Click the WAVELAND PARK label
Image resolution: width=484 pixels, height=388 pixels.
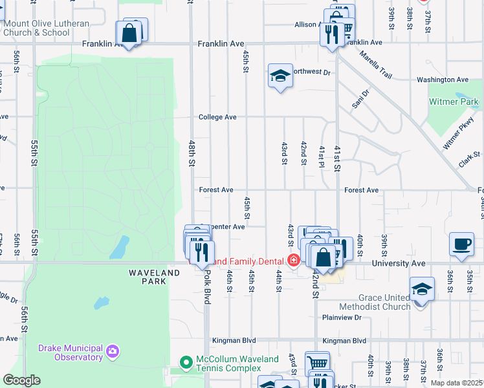(x=154, y=273)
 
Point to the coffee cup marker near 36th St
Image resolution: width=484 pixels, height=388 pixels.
(x=461, y=244)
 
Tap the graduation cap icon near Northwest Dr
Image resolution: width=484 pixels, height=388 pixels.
(x=280, y=77)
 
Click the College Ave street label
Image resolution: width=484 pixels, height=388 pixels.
(x=217, y=117)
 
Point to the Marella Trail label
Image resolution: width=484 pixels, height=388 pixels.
(x=376, y=65)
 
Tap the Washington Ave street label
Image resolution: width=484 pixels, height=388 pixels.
(x=443, y=80)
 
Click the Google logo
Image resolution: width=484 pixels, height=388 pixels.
(x=21, y=380)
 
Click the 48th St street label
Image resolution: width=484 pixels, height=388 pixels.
(x=192, y=155)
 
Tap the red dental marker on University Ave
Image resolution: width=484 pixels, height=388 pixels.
(x=293, y=261)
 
